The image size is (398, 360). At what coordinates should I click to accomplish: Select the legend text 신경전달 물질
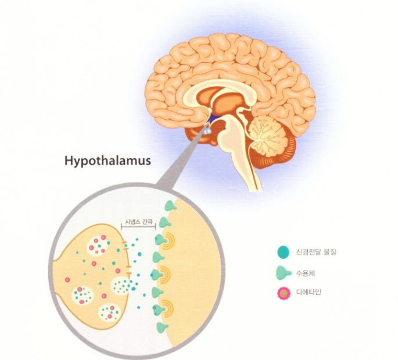pos(317,252)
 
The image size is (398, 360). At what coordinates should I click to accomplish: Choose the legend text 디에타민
pos(309,293)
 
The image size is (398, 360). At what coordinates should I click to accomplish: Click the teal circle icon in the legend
pos(283,252)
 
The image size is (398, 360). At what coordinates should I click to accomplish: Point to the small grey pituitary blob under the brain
pos(206,133)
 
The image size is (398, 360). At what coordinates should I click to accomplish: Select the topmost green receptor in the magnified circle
pos(169,205)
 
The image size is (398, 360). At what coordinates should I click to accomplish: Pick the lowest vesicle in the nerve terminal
pos(107,314)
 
